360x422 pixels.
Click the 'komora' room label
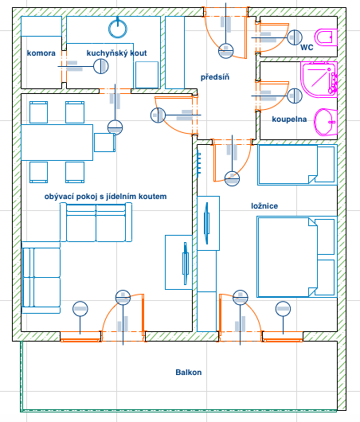point(41,53)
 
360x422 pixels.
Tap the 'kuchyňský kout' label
point(116,53)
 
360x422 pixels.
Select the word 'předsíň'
point(215,77)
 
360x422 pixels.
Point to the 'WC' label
point(307,47)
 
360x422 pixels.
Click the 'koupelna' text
point(289,119)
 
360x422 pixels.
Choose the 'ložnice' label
point(264,206)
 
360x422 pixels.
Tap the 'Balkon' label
point(189,372)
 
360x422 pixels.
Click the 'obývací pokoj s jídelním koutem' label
point(106,197)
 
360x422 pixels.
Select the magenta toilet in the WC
point(326,37)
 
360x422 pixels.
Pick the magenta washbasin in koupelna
point(326,122)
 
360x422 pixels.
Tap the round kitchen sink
point(118,29)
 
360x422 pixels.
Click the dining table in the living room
point(57,143)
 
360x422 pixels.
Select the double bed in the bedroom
point(297,256)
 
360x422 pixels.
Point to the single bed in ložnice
point(297,165)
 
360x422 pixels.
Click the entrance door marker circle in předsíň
point(225,51)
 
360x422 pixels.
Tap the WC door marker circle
point(295,37)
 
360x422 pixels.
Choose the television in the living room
point(186,264)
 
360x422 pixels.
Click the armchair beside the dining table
point(105,143)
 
